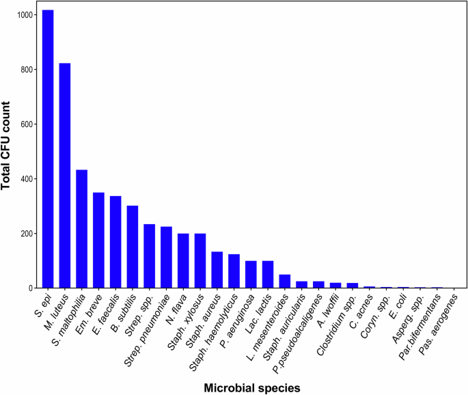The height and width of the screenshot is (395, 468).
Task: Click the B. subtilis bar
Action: click(133, 247)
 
